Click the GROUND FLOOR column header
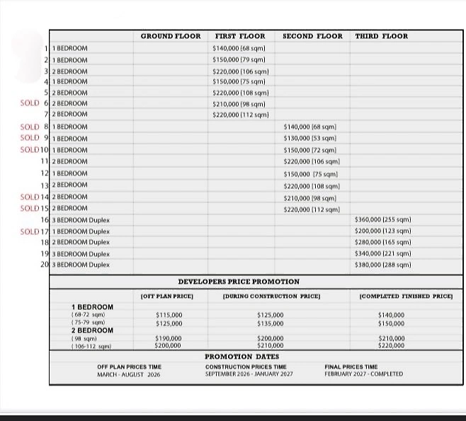(171, 36)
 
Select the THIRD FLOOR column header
(381, 36)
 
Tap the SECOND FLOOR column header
(312, 36)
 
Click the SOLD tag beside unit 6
(30, 103)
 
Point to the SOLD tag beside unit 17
(30, 231)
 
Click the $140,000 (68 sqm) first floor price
(239, 48)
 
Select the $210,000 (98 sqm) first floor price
(239, 103)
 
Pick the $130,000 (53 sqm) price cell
(309, 138)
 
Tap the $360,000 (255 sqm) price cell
(382, 220)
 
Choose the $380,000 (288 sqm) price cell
(382, 265)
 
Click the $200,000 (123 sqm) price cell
(382, 231)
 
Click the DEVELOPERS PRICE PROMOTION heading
(239, 282)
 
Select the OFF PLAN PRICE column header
(167, 296)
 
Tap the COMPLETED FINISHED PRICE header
(406, 296)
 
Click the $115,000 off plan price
(169, 315)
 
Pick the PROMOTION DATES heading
(241, 357)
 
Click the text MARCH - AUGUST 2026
(129, 374)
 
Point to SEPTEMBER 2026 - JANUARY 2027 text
(248, 374)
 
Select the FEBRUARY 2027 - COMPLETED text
(363, 374)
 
